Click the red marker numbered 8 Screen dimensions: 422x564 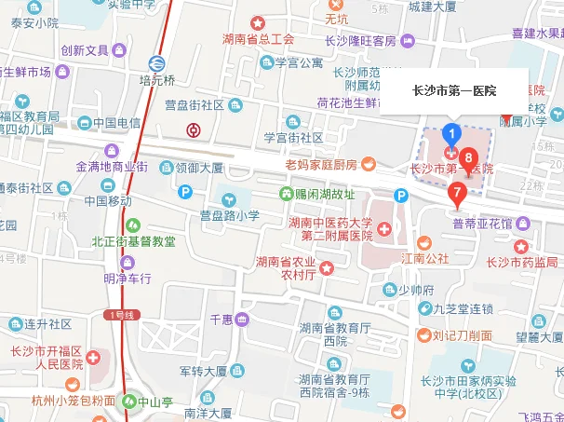[x=469, y=159]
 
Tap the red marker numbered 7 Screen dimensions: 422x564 [x=456, y=192]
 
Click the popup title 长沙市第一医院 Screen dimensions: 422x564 [x=454, y=91]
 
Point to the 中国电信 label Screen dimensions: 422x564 [x=115, y=122]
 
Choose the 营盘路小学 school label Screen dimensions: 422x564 [x=229, y=215]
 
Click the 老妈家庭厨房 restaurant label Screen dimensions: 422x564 [x=321, y=165]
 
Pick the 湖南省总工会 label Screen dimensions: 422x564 [x=259, y=39]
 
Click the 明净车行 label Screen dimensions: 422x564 [x=127, y=278]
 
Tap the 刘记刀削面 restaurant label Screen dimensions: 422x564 [x=463, y=335]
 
